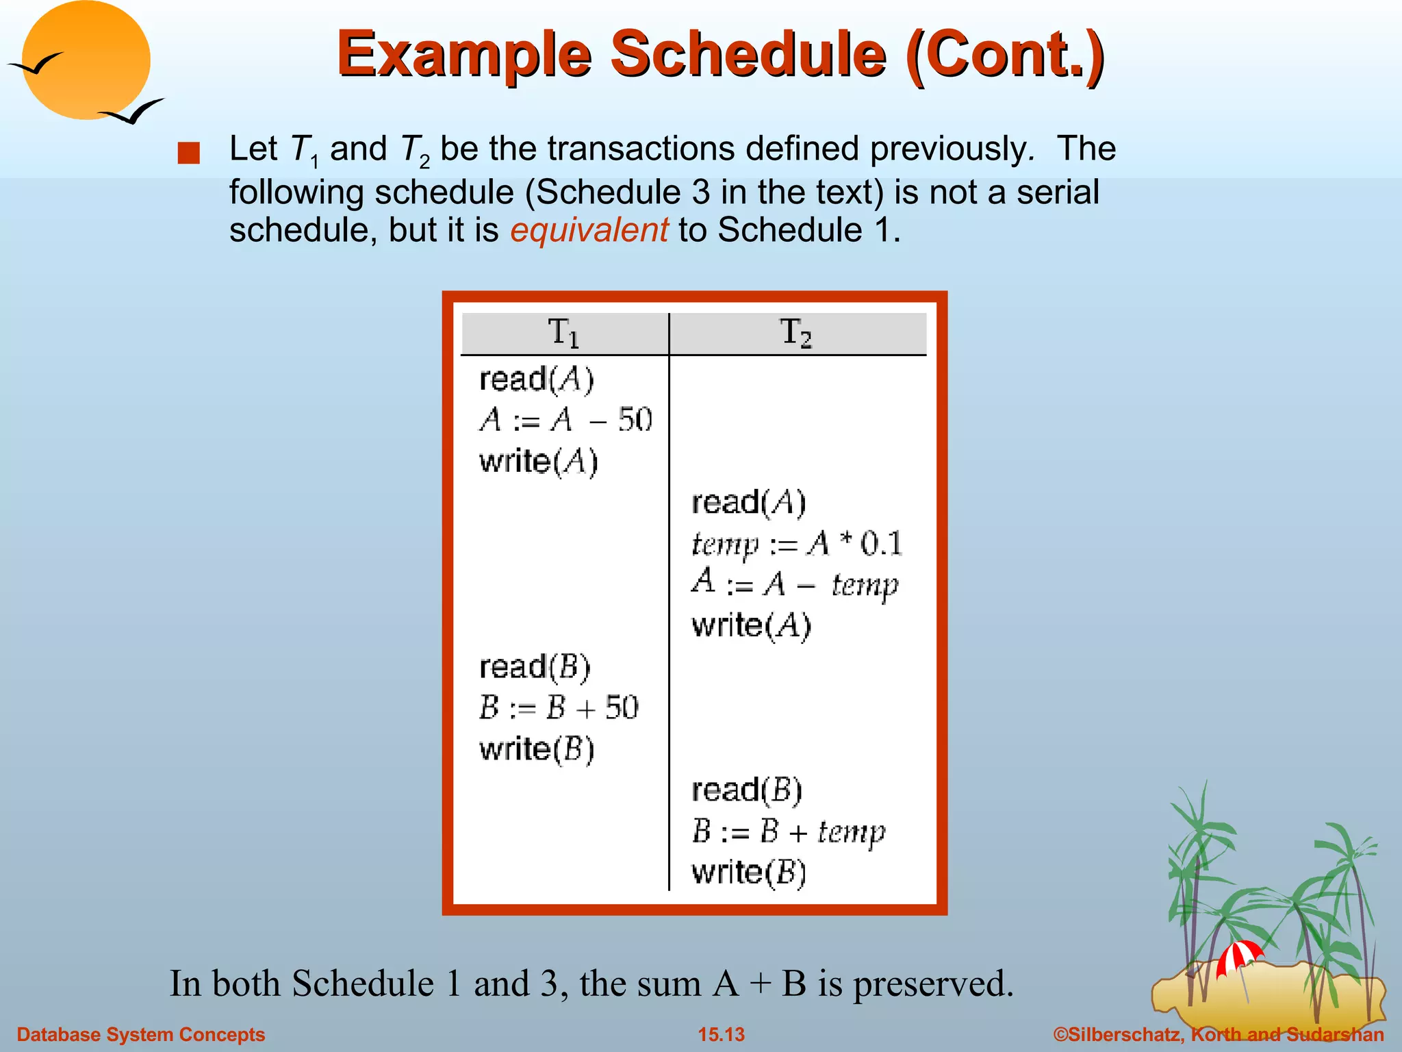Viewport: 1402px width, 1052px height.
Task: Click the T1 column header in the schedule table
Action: [564, 334]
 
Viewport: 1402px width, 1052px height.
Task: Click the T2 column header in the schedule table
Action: [796, 334]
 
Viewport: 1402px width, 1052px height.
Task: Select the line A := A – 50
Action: [565, 420]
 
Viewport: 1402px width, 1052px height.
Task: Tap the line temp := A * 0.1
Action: [797, 544]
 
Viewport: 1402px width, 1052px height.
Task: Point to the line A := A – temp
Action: [795, 584]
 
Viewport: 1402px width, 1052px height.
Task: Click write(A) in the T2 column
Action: [752, 625]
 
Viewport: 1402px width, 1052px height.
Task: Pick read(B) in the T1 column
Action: [535, 667]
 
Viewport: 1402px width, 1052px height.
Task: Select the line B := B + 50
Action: [559, 707]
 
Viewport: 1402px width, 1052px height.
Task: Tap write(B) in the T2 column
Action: [749, 873]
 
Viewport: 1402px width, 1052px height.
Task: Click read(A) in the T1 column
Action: [537, 379]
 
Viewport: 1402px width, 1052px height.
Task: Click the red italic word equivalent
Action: [589, 230]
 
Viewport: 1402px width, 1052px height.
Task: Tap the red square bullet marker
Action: [188, 153]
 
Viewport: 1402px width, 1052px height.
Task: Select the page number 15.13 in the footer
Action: [721, 1034]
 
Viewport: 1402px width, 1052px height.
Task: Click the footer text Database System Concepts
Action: [141, 1034]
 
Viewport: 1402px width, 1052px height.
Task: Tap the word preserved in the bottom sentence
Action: [932, 984]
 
